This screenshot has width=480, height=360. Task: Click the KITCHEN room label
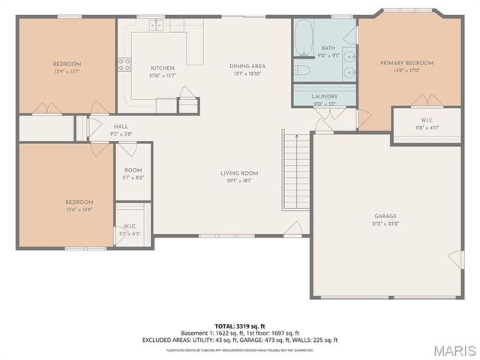point(162,68)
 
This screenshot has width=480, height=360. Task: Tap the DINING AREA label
point(247,66)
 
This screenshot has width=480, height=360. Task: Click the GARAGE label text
point(385,216)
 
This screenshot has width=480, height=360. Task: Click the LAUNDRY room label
point(324,97)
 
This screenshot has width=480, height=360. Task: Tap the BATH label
point(328,47)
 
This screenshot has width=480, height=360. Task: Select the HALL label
point(121,127)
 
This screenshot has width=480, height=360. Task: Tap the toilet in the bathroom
point(302,71)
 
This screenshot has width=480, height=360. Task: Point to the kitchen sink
point(156,25)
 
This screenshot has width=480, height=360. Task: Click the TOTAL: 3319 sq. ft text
point(240,326)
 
